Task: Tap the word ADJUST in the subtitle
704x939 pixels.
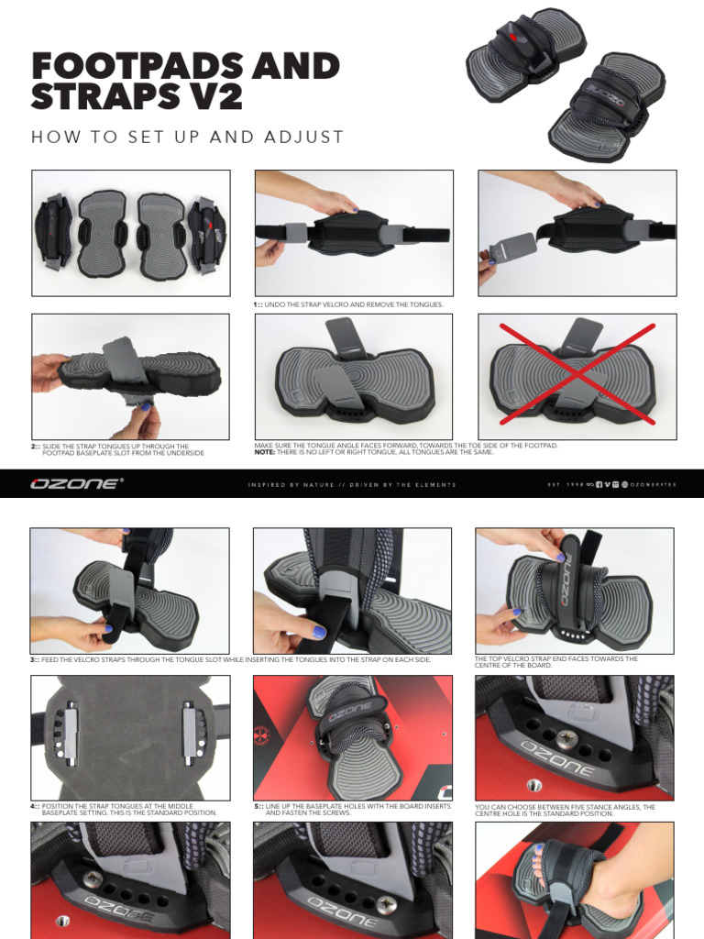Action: pos(302,138)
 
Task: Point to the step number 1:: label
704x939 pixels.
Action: pos(258,304)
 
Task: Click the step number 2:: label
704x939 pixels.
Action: pos(36,447)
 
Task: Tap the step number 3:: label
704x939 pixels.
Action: pos(36,659)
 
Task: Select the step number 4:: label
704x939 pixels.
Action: pos(36,806)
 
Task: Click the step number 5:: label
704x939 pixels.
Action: pos(258,806)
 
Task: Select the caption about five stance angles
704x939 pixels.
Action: pos(565,810)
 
